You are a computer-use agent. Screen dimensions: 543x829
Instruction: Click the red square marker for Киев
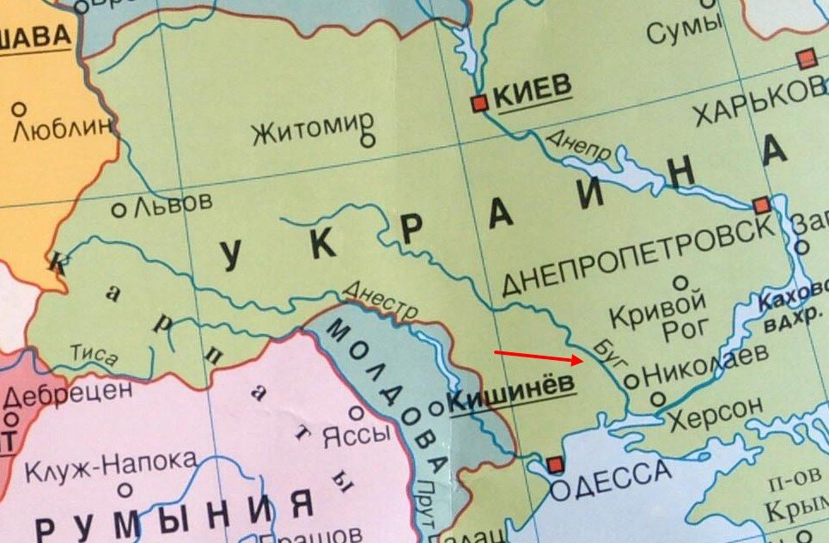coord(479,103)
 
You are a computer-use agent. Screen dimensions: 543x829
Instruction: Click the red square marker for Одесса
coord(555,465)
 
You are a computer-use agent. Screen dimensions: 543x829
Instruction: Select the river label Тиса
coord(94,355)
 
